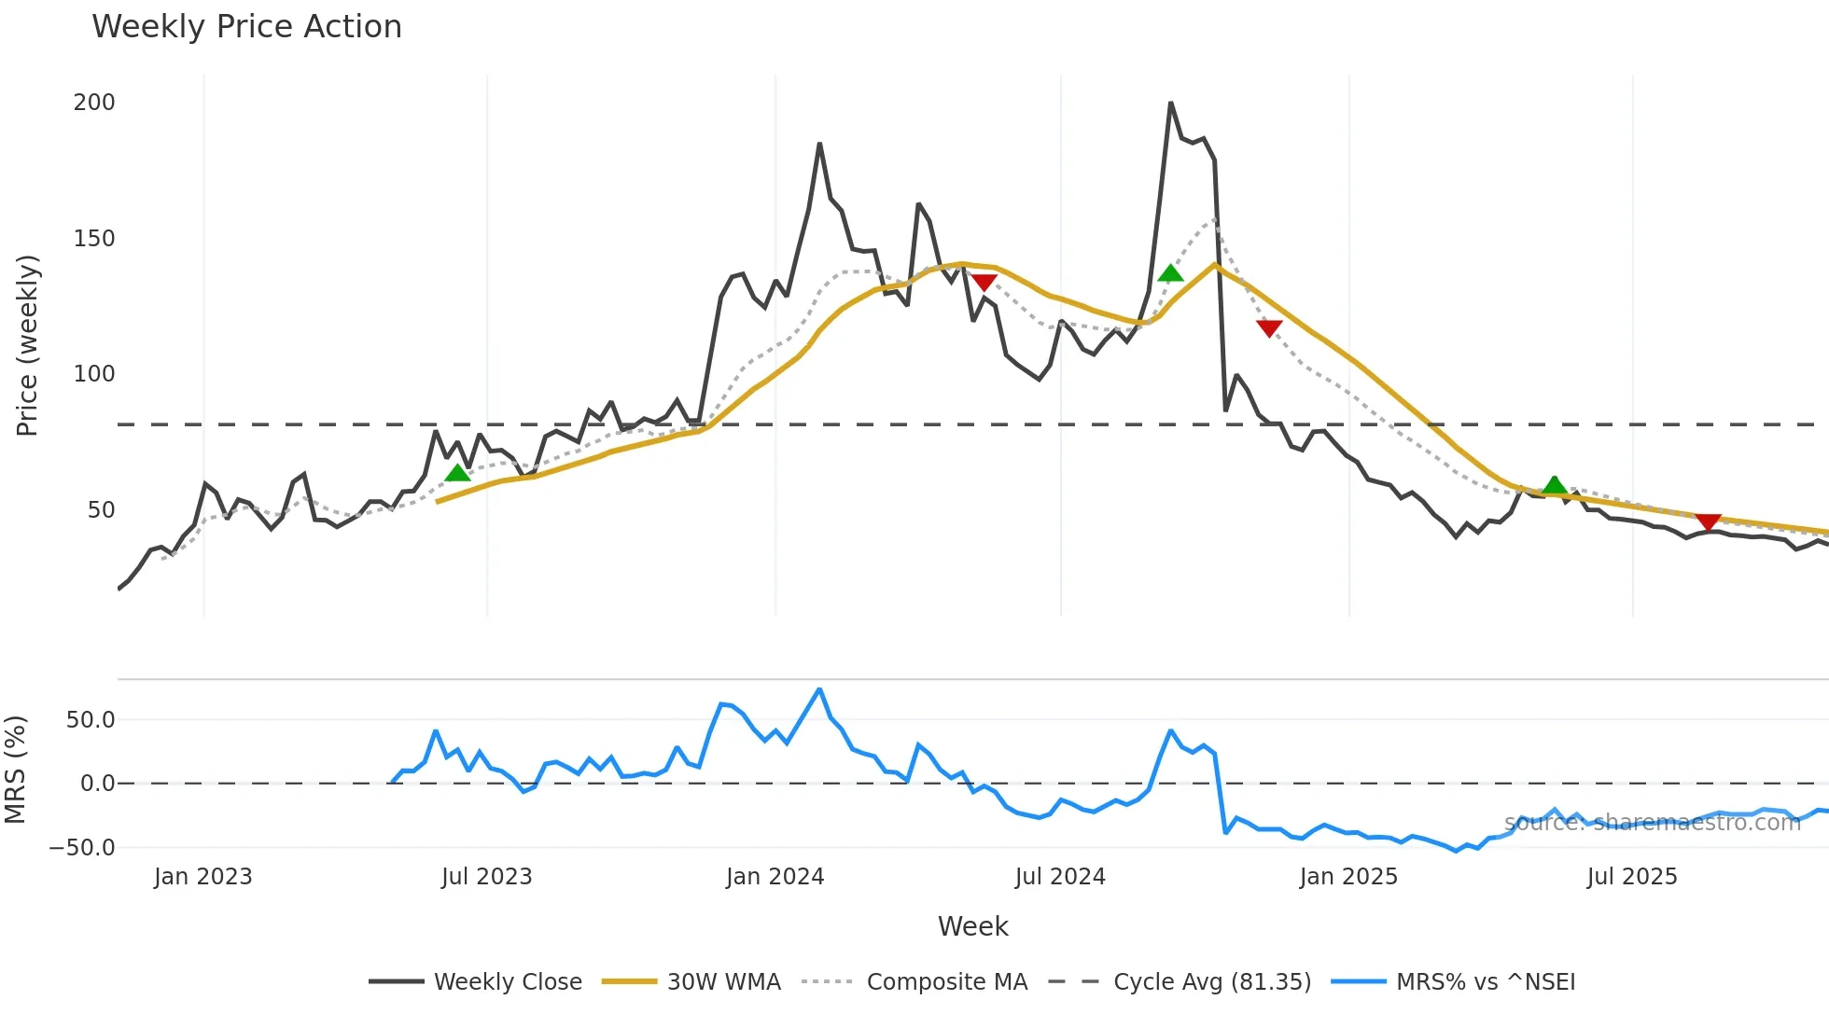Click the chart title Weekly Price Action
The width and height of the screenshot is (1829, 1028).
click(246, 27)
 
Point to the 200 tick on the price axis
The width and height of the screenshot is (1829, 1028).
click(94, 103)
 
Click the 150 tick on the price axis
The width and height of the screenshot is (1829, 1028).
click(94, 239)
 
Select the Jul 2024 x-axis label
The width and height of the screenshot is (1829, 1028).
click(1060, 877)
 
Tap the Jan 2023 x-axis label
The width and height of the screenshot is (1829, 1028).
click(203, 877)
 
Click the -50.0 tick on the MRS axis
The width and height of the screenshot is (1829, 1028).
click(82, 848)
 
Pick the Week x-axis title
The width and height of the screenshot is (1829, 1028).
click(972, 926)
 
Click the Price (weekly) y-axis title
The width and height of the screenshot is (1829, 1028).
click(28, 345)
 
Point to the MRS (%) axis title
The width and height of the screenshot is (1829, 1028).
click(16, 770)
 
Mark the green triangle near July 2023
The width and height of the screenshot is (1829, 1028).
click(457, 473)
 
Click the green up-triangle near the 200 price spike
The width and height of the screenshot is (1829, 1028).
click(1170, 273)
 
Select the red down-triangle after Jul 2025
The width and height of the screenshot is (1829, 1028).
click(1708, 521)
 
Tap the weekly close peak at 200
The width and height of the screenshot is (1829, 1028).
click(1170, 103)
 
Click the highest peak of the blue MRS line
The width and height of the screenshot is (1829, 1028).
click(819, 689)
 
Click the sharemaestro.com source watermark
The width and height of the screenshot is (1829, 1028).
click(1652, 823)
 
